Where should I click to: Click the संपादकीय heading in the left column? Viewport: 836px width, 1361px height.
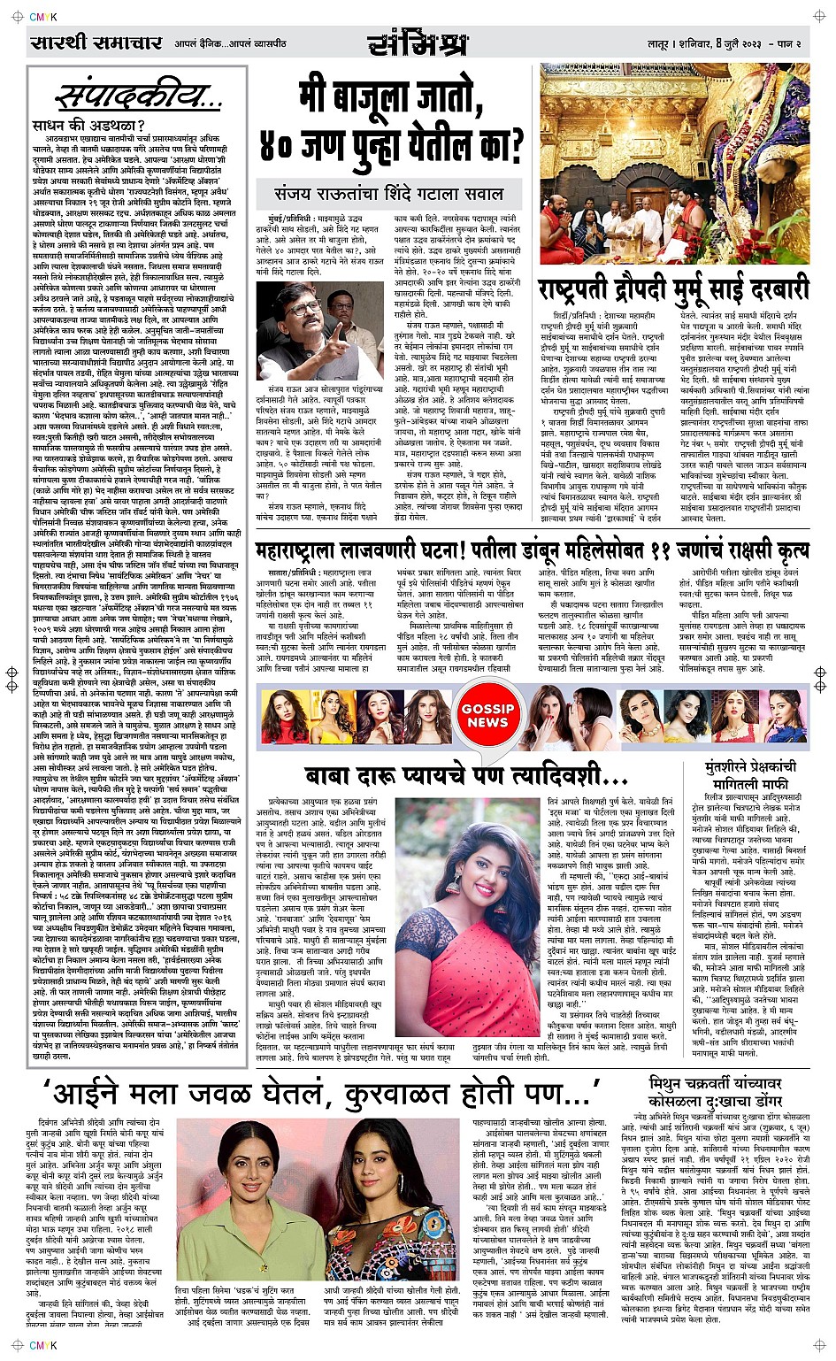[x=127, y=96]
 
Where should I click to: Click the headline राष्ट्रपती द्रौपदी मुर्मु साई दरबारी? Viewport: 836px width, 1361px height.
[x=674, y=291]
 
